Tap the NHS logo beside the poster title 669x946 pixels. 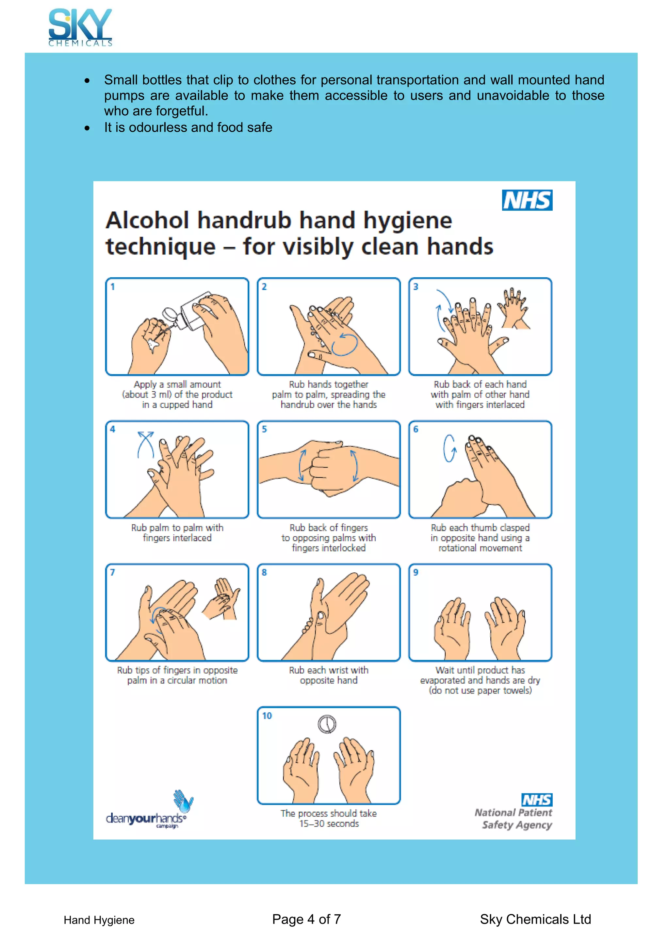point(527,200)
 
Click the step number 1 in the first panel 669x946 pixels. point(112,287)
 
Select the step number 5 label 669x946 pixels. point(265,429)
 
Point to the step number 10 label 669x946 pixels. point(267,716)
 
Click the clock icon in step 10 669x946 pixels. point(327,724)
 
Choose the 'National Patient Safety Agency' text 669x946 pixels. point(514,819)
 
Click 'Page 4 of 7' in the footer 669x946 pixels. point(306,919)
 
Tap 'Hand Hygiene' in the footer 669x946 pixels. point(99,920)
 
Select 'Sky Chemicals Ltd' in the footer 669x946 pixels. point(535,919)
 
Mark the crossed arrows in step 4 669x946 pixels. point(145,445)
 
